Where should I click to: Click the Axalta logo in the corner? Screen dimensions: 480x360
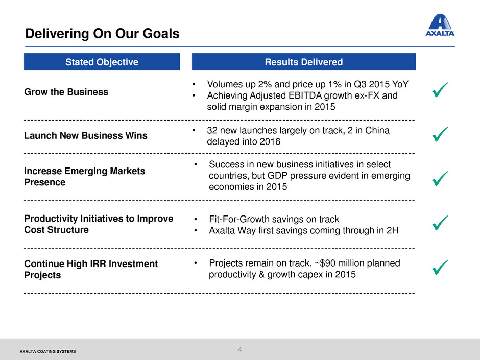(440, 25)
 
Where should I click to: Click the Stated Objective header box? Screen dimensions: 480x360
(102, 62)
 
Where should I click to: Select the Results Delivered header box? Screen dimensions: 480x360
(304, 62)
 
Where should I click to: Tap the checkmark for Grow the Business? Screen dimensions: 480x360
(440, 90)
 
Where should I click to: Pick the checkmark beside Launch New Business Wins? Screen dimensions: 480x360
(440, 134)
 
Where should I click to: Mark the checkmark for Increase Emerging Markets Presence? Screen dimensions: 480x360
(440, 179)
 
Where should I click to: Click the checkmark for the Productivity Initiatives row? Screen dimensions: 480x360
(440, 223)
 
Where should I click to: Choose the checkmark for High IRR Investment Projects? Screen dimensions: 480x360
(440, 267)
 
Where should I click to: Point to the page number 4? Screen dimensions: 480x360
(239, 350)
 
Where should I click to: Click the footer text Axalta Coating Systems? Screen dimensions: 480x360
(48, 351)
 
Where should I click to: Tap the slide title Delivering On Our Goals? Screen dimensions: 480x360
(102, 33)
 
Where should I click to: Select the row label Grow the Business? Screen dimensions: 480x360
(66, 92)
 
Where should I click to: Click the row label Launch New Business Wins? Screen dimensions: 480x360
(86, 135)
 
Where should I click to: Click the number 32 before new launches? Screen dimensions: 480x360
(212, 130)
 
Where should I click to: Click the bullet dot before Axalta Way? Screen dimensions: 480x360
(195, 230)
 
